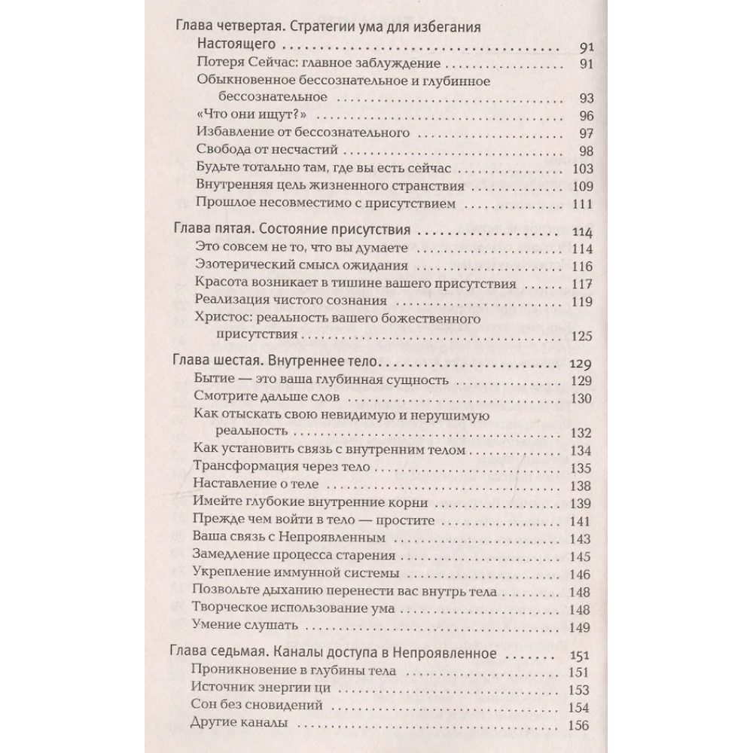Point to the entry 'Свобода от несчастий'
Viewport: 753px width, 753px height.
click(x=259, y=150)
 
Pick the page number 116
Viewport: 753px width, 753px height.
click(x=583, y=267)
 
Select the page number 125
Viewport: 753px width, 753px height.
click(x=583, y=337)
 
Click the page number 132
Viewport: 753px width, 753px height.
click(x=583, y=433)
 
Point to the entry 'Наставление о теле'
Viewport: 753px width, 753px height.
click(x=257, y=485)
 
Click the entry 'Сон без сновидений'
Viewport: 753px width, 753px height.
click(x=258, y=706)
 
